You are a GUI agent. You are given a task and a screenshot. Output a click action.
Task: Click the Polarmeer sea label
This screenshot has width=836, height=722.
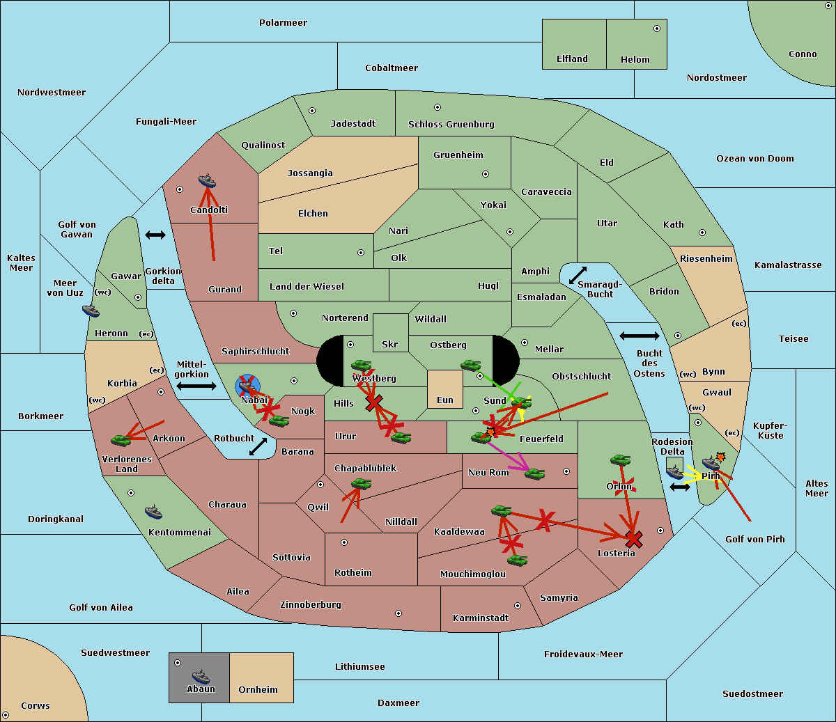click(x=283, y=23)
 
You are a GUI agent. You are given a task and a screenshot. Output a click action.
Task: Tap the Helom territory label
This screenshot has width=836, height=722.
click(x=635, y=60)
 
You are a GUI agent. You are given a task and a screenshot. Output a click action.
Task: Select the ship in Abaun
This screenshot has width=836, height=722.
click(x=201, y=676)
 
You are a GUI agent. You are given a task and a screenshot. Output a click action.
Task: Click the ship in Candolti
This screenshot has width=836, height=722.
click(x=207, y=181)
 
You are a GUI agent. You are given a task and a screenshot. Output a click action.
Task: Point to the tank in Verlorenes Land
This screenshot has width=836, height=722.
click(x=121, y=440)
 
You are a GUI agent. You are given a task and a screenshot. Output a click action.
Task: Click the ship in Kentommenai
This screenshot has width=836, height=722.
click(x=153, y=512)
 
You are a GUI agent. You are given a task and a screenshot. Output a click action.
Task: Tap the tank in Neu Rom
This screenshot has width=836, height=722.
click(x=534, y=474)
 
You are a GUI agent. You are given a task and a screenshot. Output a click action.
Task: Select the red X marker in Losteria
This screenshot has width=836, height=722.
click(x=633, y=539)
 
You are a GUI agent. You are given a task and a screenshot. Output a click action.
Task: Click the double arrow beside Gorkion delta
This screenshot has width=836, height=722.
click(x=155, y=235)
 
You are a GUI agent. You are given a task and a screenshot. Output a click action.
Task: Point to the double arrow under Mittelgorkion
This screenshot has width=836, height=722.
click(x=196, y=386)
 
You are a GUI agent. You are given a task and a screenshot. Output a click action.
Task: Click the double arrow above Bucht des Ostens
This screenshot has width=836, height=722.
click(x=639, y=336)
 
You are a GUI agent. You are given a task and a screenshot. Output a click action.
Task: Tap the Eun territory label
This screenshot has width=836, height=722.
click(x=445, y=400)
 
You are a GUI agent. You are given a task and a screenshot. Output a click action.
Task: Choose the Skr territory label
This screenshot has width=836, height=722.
click(x=390, y=345)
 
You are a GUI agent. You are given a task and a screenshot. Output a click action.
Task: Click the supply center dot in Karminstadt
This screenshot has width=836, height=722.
click(x=518, y=606)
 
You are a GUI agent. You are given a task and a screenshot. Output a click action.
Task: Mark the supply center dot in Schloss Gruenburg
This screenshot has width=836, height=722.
click(x=438, y=107)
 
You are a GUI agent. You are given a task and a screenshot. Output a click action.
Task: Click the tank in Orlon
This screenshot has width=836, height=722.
click(x=620, y=460)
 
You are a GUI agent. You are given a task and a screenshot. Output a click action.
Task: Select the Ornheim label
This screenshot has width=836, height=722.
click(x=258, y=690)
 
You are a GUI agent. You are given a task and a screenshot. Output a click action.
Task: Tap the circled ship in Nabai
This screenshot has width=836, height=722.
click(x=247, y=384)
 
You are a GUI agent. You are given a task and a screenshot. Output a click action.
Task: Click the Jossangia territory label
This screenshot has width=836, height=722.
click(x=310, y=173)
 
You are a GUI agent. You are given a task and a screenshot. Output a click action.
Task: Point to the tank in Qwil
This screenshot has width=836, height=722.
click(x=361, y=484)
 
